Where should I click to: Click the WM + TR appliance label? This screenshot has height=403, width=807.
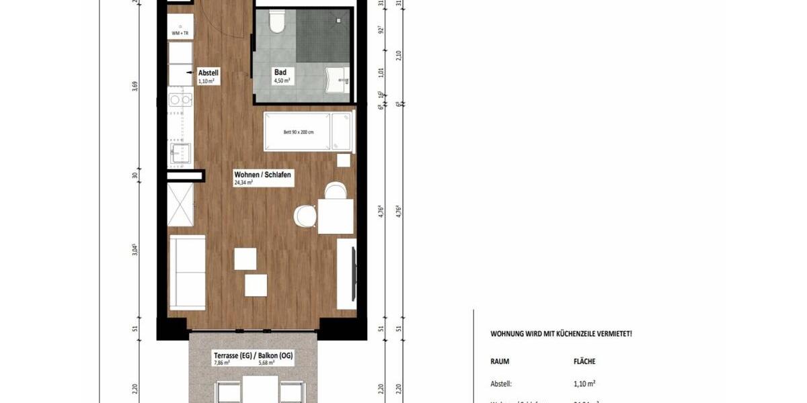(x=180, y=33)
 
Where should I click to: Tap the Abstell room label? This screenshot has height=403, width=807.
(x=208, y=73)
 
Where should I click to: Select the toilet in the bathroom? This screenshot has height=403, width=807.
(x=276, y=22)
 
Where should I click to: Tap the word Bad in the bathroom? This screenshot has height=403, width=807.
(x=280, y=73)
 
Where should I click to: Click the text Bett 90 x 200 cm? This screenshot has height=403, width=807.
(x=299, y=132)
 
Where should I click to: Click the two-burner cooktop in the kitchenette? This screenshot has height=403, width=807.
(x=180, y=100)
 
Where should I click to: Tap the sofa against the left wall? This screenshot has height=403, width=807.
(x=188, y=272)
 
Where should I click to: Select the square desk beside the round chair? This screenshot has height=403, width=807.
(x=336, y=216)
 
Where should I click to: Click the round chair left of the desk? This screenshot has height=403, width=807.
(x=305, y=216)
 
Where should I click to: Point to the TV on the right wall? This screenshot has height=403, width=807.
(x=352, y=273)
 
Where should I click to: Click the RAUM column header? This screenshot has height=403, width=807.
(x=500, y=361)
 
